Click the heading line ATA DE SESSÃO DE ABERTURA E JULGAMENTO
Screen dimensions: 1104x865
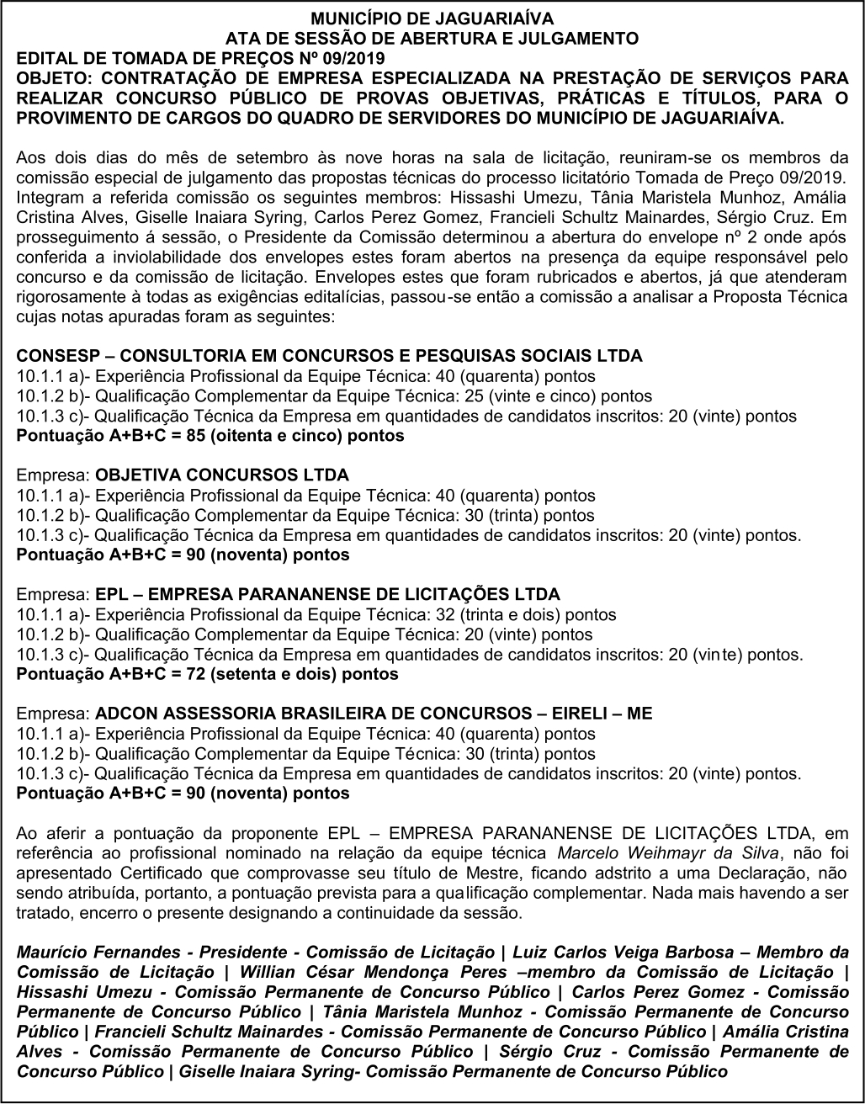(x=432, y=38)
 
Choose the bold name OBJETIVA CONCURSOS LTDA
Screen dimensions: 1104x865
(x=223, y=475)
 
